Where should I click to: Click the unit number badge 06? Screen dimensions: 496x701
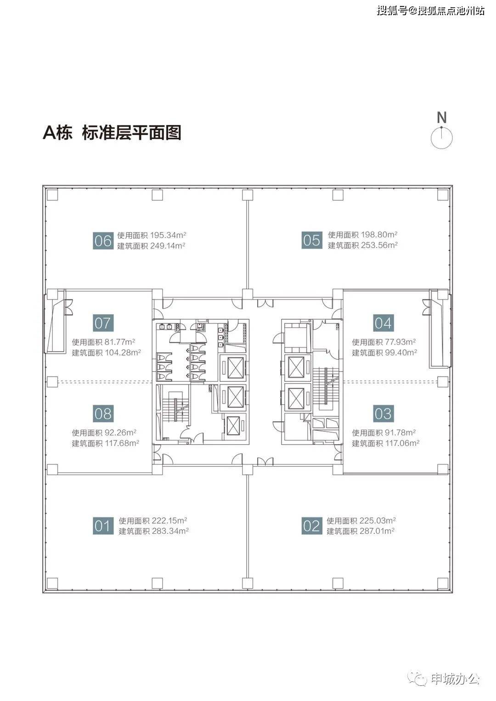[103, 240]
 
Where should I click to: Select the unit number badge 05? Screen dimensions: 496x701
[312, 240]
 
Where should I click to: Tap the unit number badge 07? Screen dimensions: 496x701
[103, 323]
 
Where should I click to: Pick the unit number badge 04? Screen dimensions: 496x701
[383, 323]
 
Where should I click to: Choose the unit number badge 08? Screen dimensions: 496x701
[103, 413]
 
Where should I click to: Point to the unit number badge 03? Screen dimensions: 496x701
[383, 413]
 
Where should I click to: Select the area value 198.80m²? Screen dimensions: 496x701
[379, 234]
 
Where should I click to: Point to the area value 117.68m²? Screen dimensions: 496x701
[122, 443]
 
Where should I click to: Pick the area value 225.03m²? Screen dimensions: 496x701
[378, 520]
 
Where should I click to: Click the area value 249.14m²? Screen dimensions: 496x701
[168, 246]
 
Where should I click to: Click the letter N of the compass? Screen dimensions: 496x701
[441, 118]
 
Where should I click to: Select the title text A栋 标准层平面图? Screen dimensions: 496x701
[112, 132]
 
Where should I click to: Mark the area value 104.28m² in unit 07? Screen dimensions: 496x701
[123, 352]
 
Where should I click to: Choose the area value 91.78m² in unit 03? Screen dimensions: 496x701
[400, 432]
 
